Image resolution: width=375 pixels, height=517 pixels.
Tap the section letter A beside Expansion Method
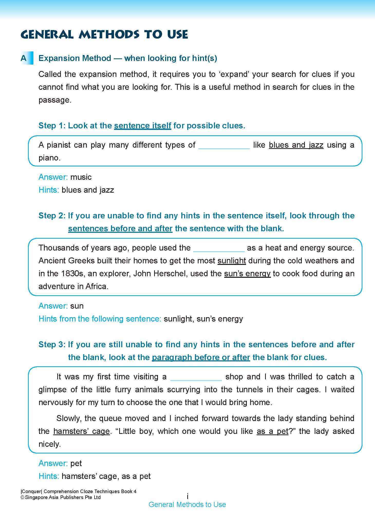[24, 58]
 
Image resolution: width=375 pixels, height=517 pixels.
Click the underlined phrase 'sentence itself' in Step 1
[143, 126]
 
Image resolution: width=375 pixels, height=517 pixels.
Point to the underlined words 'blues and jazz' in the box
[296, 145]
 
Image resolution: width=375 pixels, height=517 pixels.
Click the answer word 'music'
[81, 177]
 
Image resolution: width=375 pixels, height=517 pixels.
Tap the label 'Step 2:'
[52, 216]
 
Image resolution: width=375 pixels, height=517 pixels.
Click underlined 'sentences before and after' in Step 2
[120, 228]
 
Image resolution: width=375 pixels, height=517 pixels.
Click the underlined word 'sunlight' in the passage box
[232, 261]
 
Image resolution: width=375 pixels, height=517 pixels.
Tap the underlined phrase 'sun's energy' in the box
[247, 274]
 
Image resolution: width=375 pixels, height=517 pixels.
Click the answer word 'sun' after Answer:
[77, 306]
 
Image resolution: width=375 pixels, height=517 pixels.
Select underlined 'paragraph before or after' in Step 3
[201, 358]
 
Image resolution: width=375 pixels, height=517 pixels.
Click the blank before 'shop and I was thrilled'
[196, 379]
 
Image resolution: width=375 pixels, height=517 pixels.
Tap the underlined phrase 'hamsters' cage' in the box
[81, 431]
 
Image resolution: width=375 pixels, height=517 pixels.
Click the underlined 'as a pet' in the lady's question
[273, 431]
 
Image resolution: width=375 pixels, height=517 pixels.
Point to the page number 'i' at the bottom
[188, 496]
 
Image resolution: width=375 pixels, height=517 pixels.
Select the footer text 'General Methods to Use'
[187, 505]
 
